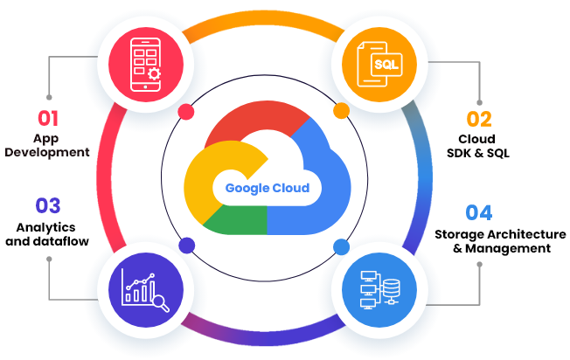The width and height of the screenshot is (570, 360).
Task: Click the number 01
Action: pos(47,117)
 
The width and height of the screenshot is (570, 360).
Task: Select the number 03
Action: pos(47,206)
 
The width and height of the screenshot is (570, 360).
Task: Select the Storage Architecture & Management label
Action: pos(493,240)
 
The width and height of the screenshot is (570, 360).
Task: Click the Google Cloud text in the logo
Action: pos(267,188)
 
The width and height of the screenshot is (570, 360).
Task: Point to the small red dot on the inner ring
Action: pos(185,111)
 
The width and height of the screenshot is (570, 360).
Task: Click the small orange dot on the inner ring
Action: pos(341,110)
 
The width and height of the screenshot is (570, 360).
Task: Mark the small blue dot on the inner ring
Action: pos(341,246)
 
